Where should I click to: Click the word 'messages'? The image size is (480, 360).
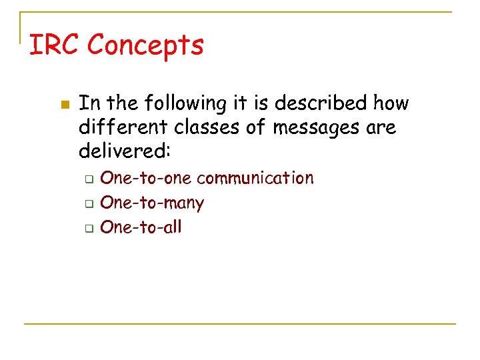tap(313, 127)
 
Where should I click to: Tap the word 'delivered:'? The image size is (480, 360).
tap(125, 151)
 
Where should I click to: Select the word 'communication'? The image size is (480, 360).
tap(255, 178)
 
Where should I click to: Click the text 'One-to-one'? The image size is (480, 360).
tap(146, 178)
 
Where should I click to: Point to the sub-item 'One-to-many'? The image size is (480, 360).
tap(151, 203)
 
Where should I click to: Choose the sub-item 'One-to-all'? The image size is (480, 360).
tap(140, 227)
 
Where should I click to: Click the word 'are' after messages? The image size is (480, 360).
tap(381, 127)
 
